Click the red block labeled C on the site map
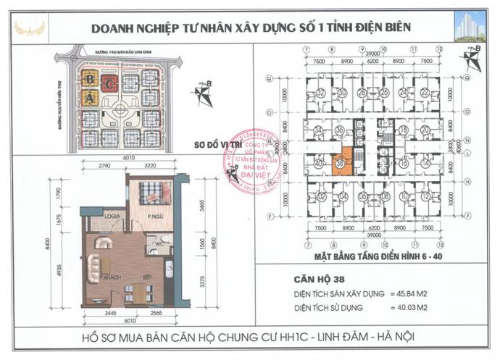click(109, 81)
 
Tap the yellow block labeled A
click(88, 98)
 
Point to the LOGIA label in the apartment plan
click(112, 215)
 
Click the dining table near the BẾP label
click(134, 293)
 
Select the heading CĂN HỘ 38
click(321, 278)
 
